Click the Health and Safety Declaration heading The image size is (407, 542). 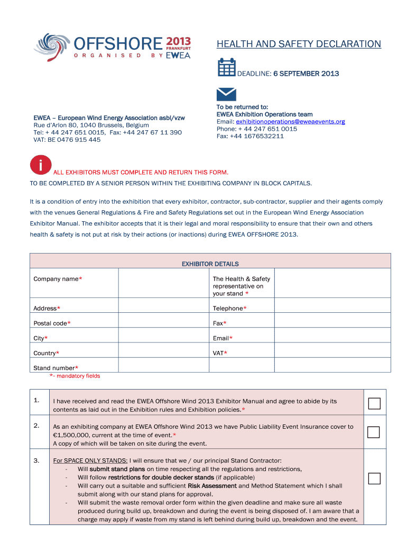coord(299,44)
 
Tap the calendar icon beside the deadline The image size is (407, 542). coord(226,68)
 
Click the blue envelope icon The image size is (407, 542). coord(226,94)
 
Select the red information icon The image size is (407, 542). coord(41,165)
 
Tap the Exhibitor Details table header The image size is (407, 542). coord(210,264)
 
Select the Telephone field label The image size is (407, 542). coord(229,309)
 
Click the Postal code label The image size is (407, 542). coord(52,323)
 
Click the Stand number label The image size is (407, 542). coord(55,368)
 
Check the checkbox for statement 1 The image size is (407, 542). coord(374,404)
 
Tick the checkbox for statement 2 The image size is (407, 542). coord(374,432)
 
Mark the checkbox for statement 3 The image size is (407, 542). coord(374,478)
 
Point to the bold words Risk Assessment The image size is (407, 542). coord(212,485)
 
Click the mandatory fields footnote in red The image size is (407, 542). coord(75,376)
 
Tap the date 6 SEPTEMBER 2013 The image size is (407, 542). coord(306,74)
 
